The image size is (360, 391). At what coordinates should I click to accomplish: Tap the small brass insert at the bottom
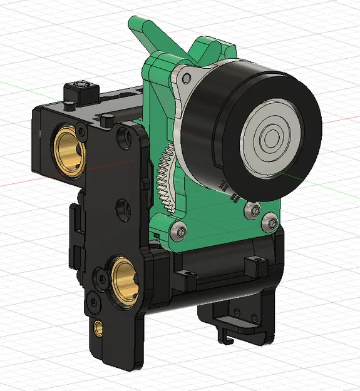pyautogui.click(x=98, y=327)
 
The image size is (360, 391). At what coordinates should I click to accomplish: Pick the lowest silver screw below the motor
pyautogui.click(x=271, y=220)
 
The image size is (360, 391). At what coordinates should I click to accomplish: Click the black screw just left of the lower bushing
pyautogui.click(x=99, y=275)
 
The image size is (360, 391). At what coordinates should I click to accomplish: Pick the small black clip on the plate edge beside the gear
pyautogui.click(x=145, y=181)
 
